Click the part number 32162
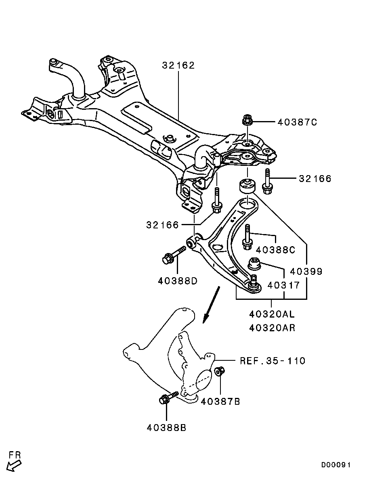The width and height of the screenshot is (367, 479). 178,65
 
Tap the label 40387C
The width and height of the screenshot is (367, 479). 297,122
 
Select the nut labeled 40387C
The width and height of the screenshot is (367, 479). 247,120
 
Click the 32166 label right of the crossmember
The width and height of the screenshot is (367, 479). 315,178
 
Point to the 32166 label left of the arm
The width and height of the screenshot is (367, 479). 162,225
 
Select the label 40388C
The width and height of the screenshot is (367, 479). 275,250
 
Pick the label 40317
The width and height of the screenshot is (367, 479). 284,285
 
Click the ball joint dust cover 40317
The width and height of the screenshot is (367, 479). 255,264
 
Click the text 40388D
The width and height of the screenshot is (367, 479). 178,280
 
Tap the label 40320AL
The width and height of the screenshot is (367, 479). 272,314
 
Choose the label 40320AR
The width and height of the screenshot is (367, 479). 272,328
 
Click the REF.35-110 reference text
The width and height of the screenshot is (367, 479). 273,360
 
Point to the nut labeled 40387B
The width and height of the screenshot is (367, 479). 220,371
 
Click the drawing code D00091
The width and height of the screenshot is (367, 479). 336,465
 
